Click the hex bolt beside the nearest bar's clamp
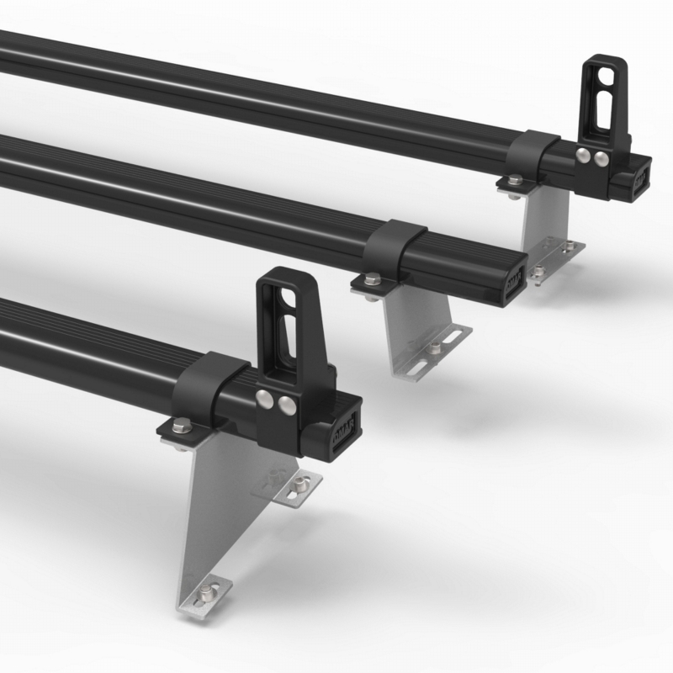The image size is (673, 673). (x=178, y=427)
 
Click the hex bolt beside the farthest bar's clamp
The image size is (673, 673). (x=512, y=180)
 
